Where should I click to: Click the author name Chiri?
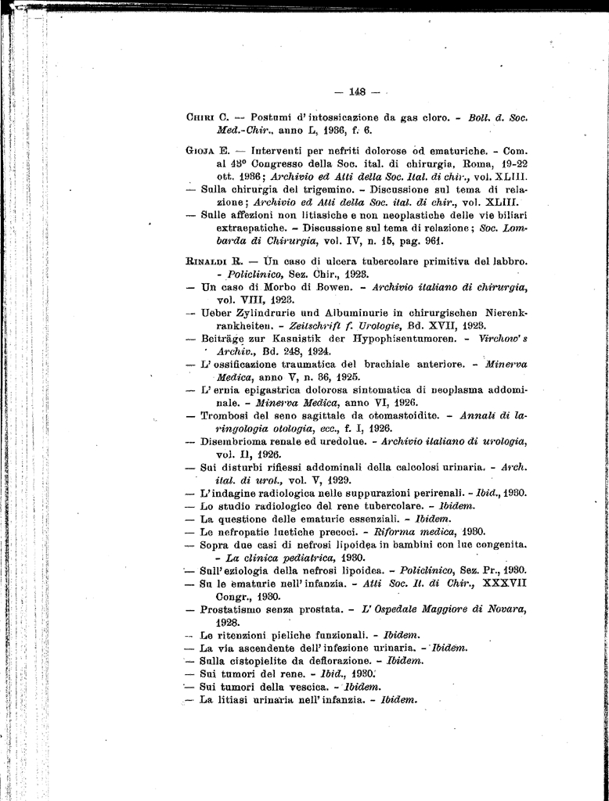[x=200, y=117]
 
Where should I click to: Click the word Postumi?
[x=270, y=117]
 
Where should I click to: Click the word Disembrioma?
[x=233, y=441]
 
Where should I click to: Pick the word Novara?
[x=506, y=609]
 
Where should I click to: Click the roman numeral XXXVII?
[x=506, y=582]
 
